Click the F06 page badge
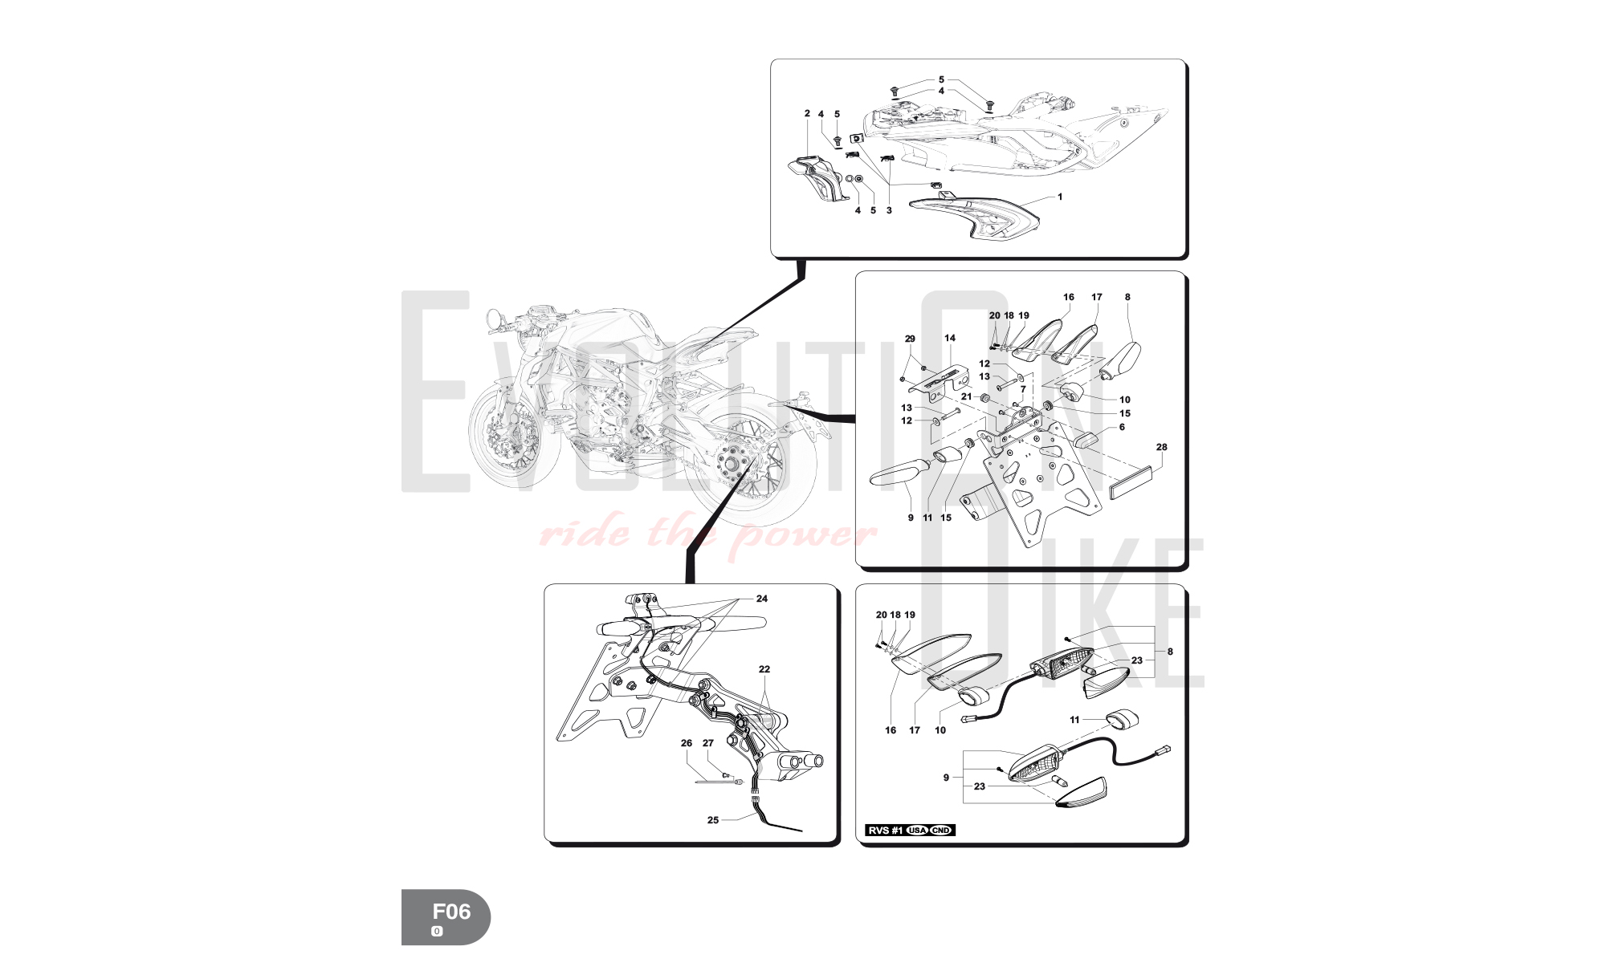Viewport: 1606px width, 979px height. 446,917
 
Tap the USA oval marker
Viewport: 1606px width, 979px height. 917,831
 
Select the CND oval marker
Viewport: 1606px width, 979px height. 940,831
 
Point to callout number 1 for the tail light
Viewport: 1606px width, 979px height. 1060,197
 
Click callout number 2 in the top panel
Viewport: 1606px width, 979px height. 807,114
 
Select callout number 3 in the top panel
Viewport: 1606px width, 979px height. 889,211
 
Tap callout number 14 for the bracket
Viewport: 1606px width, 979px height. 950,339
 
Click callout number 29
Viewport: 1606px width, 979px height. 910,339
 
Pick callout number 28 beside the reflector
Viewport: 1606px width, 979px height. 1161,447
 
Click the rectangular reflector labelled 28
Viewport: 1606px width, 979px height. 1131,483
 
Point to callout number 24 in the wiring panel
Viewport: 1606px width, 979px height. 762,599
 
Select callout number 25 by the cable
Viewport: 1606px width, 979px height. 713,820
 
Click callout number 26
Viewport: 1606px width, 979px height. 687,743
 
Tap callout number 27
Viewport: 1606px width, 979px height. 708,743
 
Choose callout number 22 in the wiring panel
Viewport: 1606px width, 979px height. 764,669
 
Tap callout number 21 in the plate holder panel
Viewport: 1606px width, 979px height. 967,396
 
